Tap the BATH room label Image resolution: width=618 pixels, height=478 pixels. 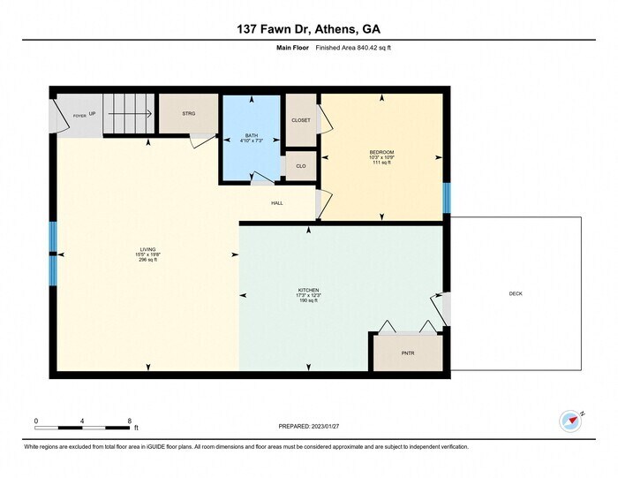pos(252,136)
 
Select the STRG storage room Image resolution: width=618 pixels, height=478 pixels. pos(188,113)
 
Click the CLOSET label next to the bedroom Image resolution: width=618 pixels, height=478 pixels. pos(301,120)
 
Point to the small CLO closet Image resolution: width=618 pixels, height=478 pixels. pos(301,166)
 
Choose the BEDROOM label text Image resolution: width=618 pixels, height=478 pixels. pos(381,152)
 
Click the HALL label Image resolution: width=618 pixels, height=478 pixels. pos(276,202)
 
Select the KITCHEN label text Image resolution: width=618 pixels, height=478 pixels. pos(308,289)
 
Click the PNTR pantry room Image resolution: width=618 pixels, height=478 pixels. pos(407,353)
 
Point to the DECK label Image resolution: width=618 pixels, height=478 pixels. pos(516,293)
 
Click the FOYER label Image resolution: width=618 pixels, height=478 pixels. pos(79,116)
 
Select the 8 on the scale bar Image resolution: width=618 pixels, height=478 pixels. pos(129,421)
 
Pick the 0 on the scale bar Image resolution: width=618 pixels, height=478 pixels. pos(36,421)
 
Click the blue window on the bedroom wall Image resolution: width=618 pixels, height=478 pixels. pos(447,198)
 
